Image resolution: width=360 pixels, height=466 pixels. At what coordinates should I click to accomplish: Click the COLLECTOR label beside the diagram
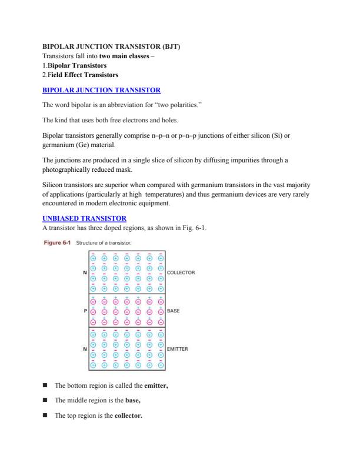point(181,272)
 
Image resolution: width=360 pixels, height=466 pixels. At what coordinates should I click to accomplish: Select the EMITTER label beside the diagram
point(178,348)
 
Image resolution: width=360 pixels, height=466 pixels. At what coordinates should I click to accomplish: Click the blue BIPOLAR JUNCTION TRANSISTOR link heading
point(102,90)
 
